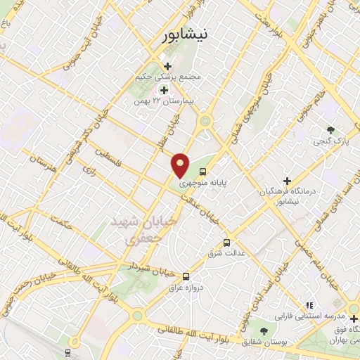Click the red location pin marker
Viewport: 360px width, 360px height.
pos(181,165)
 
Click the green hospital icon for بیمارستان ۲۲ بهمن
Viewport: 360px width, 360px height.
pos(165,90)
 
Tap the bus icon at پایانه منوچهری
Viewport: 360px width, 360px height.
pos(202,171)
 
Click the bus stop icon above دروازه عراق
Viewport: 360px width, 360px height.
pos(186,276)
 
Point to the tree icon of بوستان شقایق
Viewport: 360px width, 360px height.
pos(264,330)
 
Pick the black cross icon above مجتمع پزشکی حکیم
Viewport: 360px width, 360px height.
pos(167,66)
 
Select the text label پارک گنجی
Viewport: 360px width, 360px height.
pos(330,143)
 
